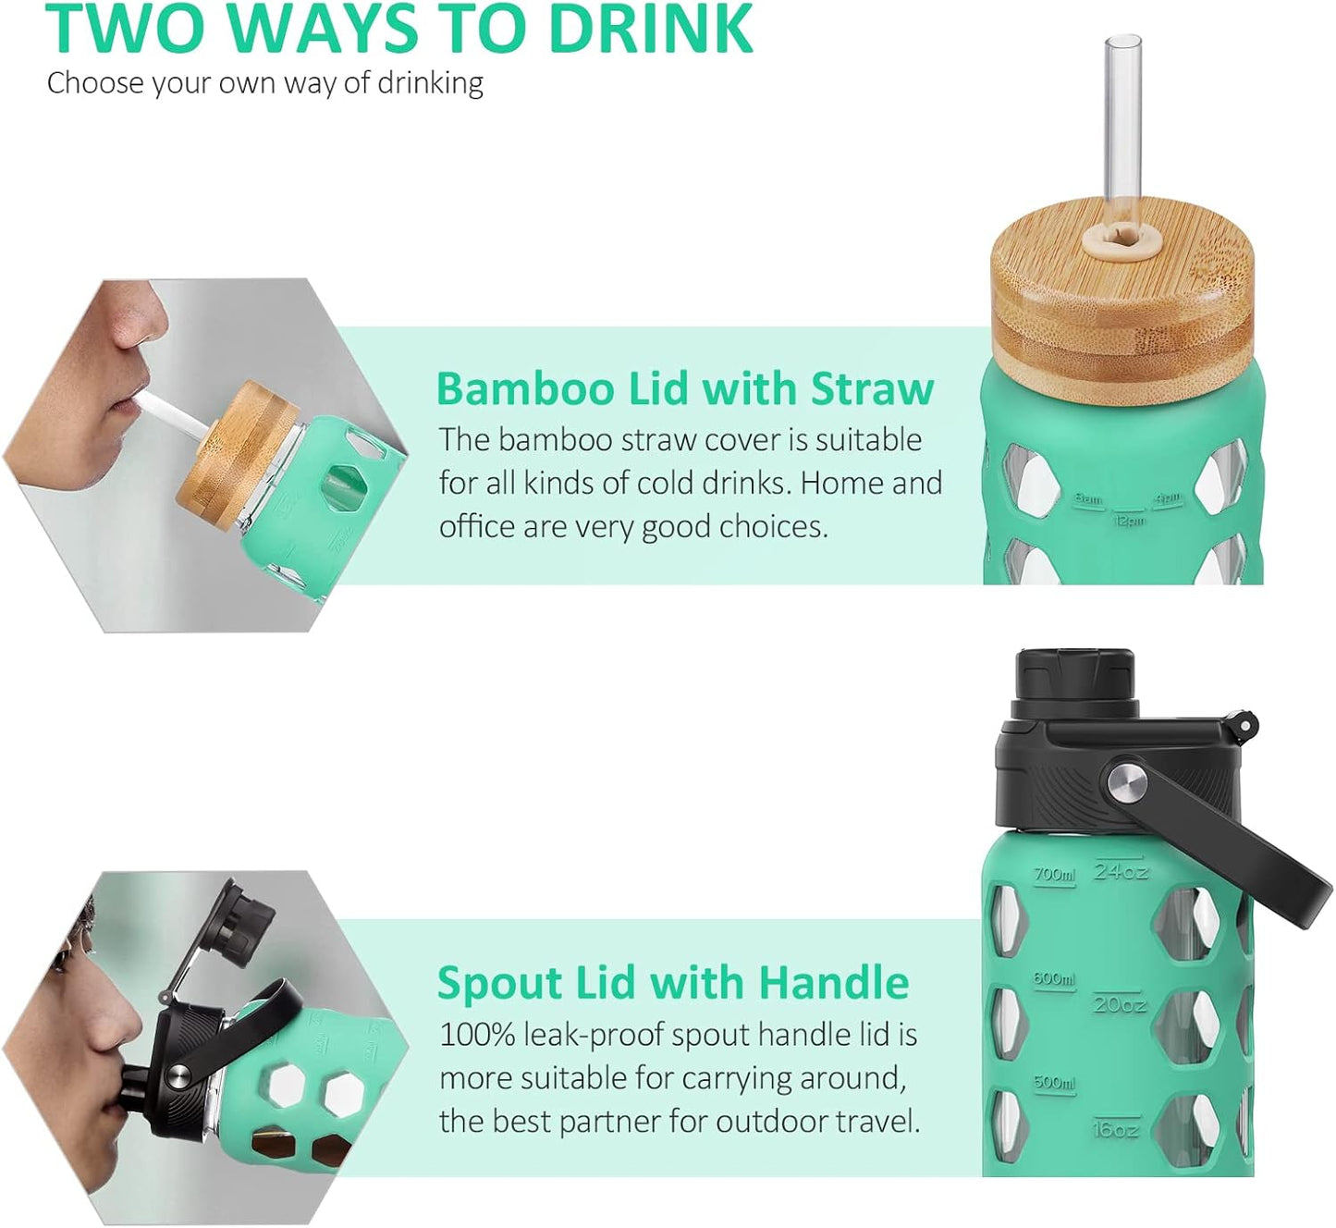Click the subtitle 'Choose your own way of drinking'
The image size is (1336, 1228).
(265, 83)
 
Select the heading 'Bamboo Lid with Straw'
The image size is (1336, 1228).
(684, 388)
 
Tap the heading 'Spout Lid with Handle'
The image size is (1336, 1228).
(672, 982)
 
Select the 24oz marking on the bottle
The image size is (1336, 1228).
(1121, 871)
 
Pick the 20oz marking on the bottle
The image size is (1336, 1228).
(1120, 1004)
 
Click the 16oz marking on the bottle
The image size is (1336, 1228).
(1116, 1129)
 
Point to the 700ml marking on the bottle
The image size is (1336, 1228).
(1054, 875)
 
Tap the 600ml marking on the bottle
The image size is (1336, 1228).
(1054, 979)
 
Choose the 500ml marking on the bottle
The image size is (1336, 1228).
(1054, 1082)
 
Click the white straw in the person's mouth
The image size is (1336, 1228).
(172, 415)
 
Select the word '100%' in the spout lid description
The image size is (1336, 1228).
(476, 1035)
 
